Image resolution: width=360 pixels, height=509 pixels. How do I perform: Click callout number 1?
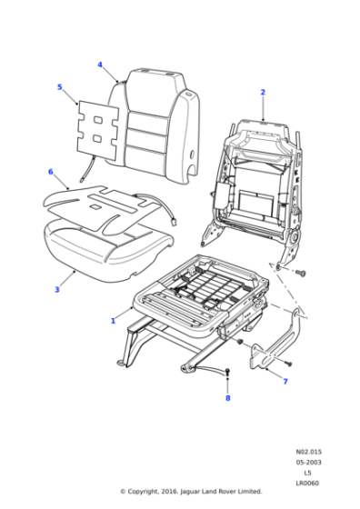click(x=112, y=321)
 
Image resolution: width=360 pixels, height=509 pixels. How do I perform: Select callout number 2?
click(x=263, y=92)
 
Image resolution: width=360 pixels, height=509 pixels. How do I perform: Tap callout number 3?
click(x=56, y=290)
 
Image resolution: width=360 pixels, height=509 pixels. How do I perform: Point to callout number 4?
click(x=100, y=65)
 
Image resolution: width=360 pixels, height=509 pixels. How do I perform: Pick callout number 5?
click(x=59, y=87)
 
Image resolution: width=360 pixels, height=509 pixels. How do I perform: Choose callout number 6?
click(x=51, y=171)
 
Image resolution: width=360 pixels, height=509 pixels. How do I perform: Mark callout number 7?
click(x=285, y=381)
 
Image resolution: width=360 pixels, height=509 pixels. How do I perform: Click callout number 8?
click(x=227, y=398)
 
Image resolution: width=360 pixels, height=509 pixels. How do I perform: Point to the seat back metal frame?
click(x=259, y=182)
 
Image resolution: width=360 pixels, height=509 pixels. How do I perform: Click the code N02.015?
click(x=307, y=451)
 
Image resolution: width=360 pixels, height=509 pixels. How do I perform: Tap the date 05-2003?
click(x=307, y=462)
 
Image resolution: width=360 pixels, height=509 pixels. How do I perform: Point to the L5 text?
click(x=307, y=473)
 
